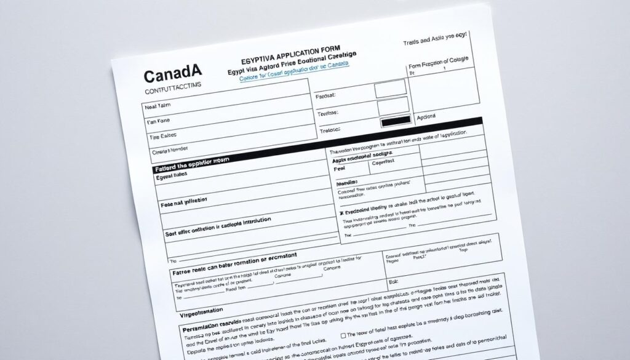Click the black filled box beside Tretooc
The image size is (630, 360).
point(396,121)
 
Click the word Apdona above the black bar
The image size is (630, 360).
point(426,116)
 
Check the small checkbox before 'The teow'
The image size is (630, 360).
point(343,336)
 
